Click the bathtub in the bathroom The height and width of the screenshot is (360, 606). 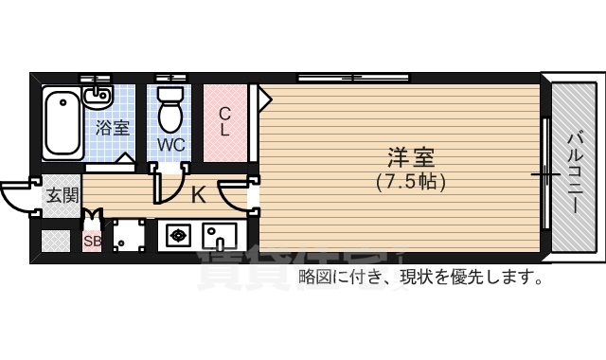point(62,122)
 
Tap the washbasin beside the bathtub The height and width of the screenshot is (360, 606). point(97,96)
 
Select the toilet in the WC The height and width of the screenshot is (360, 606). point(170,109)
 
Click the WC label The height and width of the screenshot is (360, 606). point(170,145)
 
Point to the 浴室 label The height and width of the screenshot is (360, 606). point(113,127)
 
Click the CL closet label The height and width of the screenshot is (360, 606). point(224,122)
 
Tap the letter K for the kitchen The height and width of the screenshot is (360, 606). point(199,196)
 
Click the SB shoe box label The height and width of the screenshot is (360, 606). point(91,242)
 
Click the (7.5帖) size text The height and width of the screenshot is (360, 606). point(410,180)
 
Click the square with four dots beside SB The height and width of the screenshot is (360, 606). point(127,237)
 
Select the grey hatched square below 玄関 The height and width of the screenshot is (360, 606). point(55,242)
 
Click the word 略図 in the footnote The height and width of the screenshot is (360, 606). point(312,278)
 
